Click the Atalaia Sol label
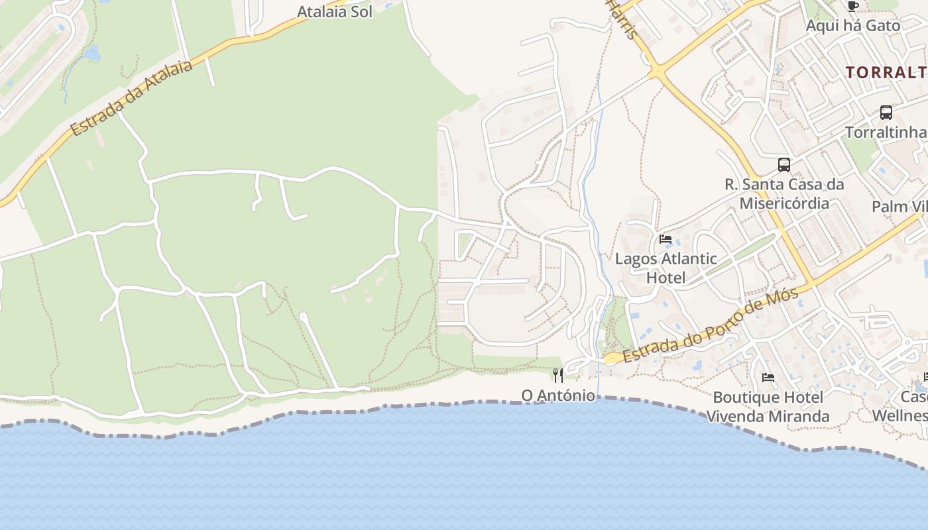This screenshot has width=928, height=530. [334, 11]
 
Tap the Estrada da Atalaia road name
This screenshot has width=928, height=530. [131, 98]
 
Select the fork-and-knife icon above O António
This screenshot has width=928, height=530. [558, 376]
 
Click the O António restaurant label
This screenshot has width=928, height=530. [558, 396]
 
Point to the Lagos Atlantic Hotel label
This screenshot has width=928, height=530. [666, 268]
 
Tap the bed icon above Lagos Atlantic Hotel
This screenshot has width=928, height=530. [666, 239]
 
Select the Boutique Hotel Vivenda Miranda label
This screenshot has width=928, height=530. [768, 407]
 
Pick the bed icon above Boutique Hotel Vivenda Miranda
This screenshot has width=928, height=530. [768, 378]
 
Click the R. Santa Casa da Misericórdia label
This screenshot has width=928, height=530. [784, 193]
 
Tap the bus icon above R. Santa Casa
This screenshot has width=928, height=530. [784, 164]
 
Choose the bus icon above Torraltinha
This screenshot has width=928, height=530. [886, 113]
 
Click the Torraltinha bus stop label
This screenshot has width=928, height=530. [886, 132]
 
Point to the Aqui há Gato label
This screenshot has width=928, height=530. [853, 26]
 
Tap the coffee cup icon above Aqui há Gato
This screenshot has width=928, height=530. [853, 7]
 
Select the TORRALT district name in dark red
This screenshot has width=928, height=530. [886, 72]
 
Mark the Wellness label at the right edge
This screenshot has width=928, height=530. [899, 415]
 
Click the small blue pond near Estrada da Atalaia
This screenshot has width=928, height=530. [92, 53]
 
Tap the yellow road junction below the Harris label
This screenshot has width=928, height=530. [657, 70]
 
